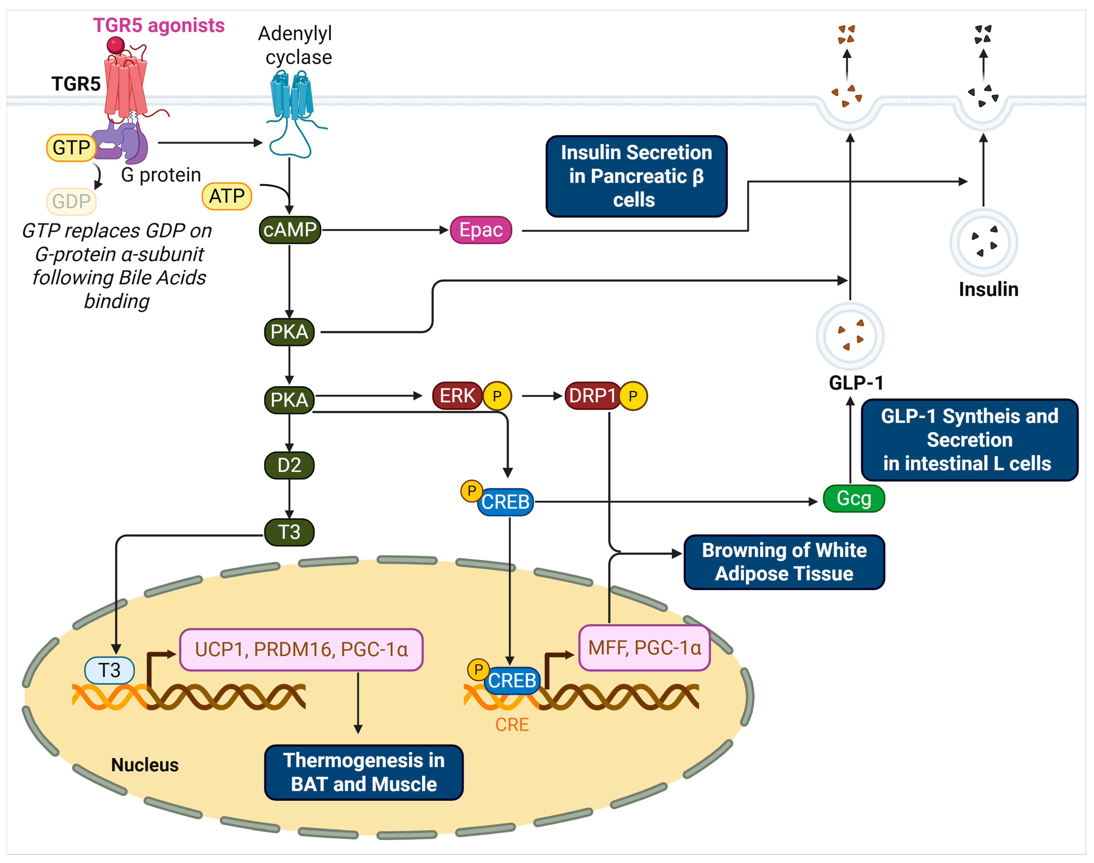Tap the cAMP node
point(290,230)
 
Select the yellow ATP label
point(227,196)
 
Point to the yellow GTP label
point(71,147)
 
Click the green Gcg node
point(854,499)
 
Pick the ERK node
point(457,395)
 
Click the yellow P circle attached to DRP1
point(633,396)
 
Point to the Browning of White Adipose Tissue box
point(784,562)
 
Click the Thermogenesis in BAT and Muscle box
point(364,772)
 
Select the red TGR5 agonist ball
point(116,45)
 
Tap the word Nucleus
point(145,765)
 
